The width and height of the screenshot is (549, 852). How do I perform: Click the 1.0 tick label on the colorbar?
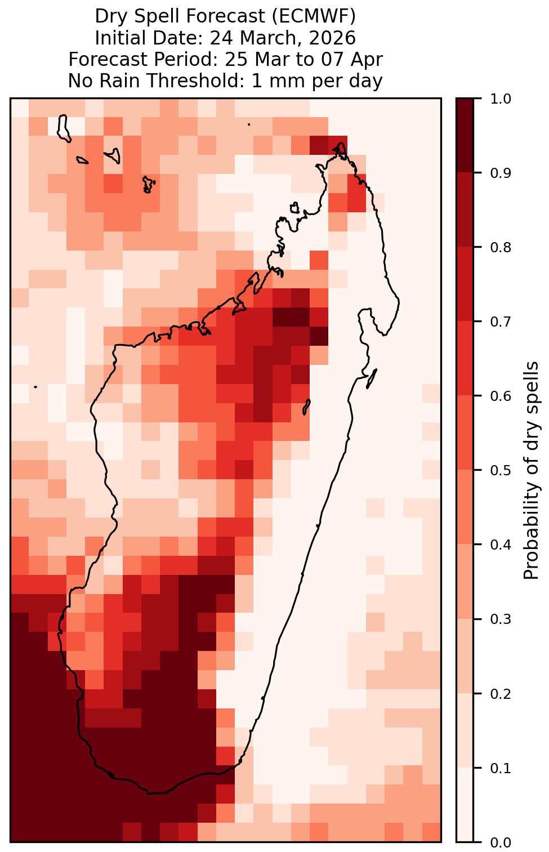501,99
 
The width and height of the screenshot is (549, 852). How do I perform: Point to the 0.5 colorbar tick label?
501,471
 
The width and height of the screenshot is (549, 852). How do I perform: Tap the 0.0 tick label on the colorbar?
501,842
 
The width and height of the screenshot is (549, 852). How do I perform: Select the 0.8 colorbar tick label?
501,248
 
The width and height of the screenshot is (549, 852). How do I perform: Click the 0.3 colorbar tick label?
501,619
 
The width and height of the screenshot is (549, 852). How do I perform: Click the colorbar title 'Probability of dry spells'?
531,470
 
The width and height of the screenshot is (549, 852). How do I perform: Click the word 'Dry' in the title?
109,17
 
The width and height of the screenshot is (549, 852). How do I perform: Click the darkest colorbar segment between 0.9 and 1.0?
465,136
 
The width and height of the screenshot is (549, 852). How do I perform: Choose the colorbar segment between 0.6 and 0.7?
465,359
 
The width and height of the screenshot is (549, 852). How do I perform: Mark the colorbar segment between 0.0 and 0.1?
465,805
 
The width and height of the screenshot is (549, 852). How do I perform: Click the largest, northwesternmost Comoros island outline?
63,128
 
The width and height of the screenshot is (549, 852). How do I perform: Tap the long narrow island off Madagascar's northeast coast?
372,378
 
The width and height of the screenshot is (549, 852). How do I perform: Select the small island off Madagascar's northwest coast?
294,208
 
